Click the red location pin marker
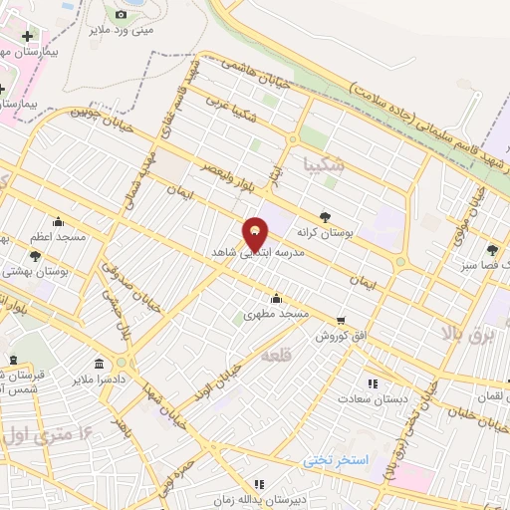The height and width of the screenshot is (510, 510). tap(256, 235)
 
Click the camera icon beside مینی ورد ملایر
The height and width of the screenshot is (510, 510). tap(122, 15)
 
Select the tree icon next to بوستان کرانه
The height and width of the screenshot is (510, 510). tap(325, 216)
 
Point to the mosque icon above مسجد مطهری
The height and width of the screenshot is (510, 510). tap(276, 298)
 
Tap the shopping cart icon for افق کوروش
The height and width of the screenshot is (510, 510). tap(342, 321)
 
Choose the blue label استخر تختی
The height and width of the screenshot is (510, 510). tap(336, 460)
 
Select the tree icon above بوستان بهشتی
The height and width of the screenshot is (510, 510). tap(36, 255)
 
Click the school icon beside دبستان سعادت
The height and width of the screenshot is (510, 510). tap(372, 382)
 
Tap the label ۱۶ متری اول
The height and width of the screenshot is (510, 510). tap(50, 435)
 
